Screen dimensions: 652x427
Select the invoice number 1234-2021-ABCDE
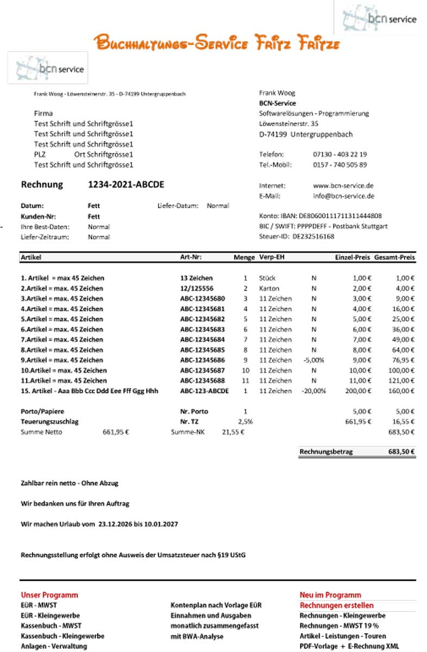pyautogui.click(x=125, y=185)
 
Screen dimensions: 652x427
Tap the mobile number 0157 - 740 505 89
pyautogui.click(x=340, y=165)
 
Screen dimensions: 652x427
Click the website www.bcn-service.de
pyautogui.click(x=343, y=185)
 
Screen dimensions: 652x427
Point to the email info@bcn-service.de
pyautogui.click(x=343, y=196)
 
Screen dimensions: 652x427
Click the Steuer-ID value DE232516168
pyautogui.click(x=313, y=236)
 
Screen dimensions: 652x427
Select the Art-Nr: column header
pyautogui.click(x=191, y=257)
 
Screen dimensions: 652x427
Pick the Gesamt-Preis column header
pyautogui.click(x=394, y=257)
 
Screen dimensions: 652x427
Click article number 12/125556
pyautogui.click(x=197, y=288)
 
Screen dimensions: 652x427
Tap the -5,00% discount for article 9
pyautogui.click(x=313, y=360)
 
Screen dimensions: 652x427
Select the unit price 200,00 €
pyautogui.click(x=358, y=391)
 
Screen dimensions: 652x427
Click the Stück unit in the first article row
pyautogui.click(x=267, y=278)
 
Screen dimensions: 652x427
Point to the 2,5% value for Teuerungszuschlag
pyautogui.click(x=246, y=421)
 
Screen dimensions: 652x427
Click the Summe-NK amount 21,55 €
pyautogui.click(x=233, y=432)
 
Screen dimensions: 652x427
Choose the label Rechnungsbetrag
pyautogui.click(x=326, y=452)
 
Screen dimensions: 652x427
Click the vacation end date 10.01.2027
pyautogui.click(x=161, y=524)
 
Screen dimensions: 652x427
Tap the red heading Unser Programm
pyautogui.click(x=49, y=595)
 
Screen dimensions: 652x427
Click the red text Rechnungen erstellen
pyautogui.click(x=336, y=605)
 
